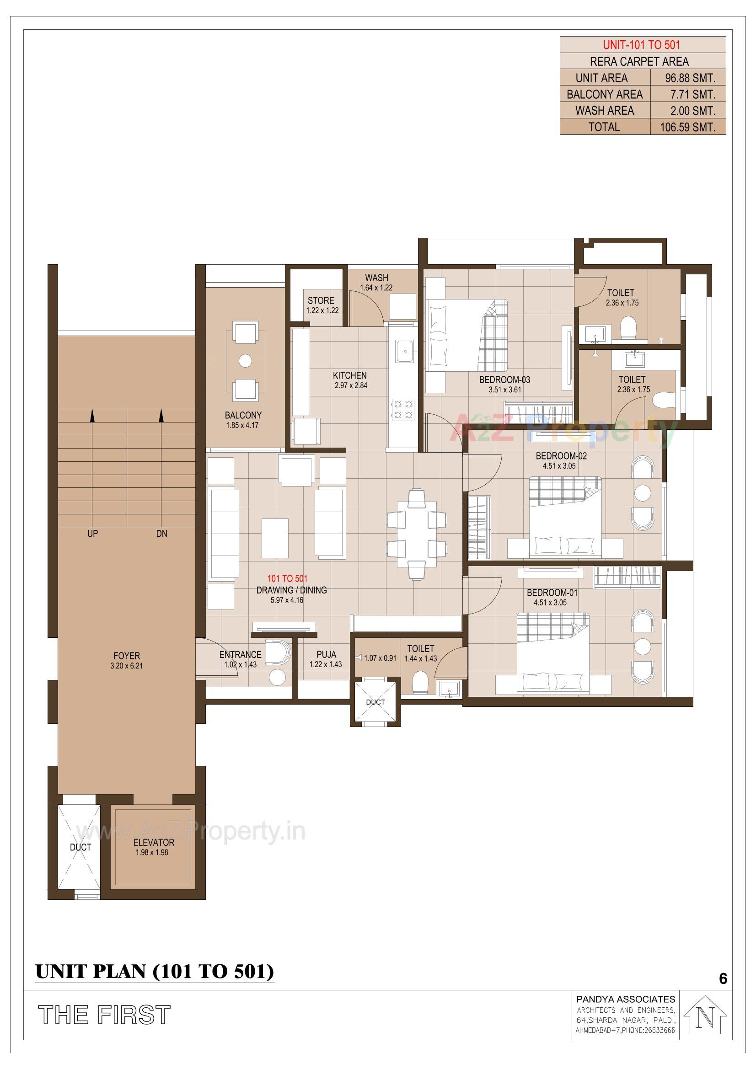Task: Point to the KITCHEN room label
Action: point(349,375)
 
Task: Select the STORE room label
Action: point(321,300)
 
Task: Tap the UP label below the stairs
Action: point(92,534)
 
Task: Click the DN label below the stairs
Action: point(161,534)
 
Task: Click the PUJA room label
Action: point(326,654)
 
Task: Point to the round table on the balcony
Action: point(245,360)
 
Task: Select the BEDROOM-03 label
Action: point(504,379)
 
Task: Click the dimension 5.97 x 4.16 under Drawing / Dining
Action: point(287,600)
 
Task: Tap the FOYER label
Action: point(126,656)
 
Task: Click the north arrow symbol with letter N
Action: point(706,1018)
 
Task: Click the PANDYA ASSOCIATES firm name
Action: point(625,999)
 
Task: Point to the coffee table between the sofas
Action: point(275,538)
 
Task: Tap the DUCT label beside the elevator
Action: point(80,847)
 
